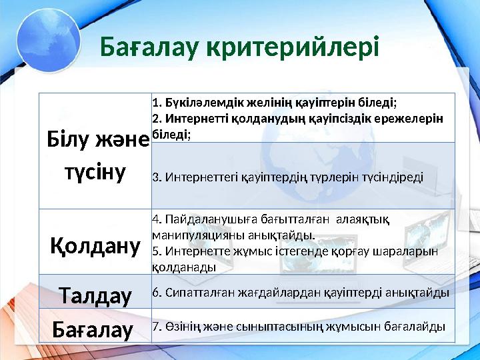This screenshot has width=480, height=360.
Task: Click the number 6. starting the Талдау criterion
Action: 156,292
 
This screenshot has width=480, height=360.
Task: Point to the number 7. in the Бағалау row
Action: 156,327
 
